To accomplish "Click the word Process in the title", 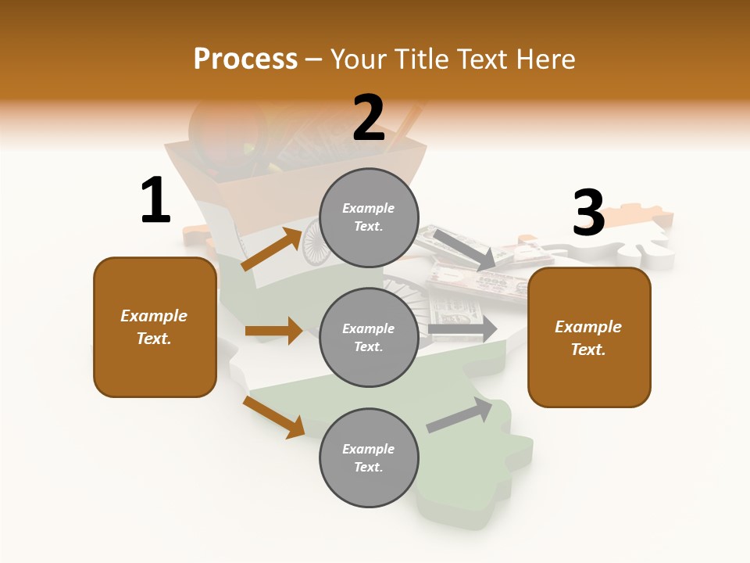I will (245, 59).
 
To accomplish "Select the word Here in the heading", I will (545, 59).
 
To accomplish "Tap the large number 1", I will (155, 201).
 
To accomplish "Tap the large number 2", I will (369, 118).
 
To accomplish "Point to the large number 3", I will (588, 213).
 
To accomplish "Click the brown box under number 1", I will (155, 327).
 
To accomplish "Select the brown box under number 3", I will (588, 337).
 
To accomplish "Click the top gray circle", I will (369, 217).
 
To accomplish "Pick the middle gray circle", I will (369, 337).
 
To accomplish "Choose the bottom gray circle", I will (369, 457).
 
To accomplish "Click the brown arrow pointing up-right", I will (272, 249).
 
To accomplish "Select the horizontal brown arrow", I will (273, 331).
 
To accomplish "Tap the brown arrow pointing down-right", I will (273, 417).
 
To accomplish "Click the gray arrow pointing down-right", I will (464, 248).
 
